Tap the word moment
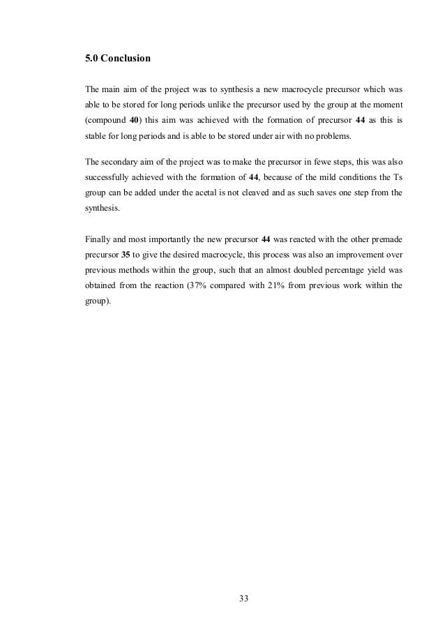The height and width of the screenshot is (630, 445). [x=385, y=105]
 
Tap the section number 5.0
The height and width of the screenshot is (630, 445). [x=91, y=59]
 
